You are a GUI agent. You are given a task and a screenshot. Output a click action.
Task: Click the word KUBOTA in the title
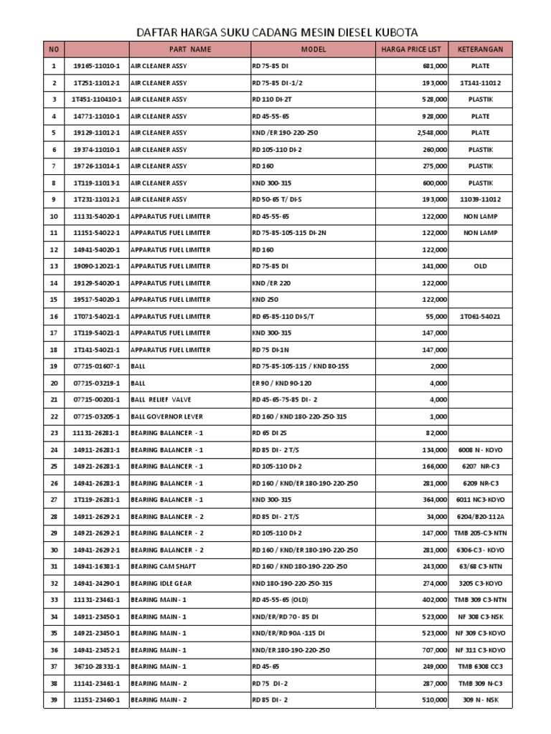[391, 32]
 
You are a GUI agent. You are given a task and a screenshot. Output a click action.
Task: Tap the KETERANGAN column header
[480, 49]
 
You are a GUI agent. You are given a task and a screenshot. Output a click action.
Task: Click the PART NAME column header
[190, 49]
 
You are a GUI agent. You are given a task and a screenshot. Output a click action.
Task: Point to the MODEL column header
[313, 49]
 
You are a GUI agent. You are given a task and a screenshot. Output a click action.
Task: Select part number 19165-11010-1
[98, 66]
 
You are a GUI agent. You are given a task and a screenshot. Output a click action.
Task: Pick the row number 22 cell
[53, 416]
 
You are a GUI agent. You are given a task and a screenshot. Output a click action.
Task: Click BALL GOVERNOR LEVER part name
[166, 416]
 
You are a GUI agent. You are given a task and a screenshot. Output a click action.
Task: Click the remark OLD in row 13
[480, 266]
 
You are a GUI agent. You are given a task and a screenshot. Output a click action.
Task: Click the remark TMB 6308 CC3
[480, 667]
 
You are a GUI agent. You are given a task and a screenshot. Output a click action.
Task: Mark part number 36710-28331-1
[98, 667]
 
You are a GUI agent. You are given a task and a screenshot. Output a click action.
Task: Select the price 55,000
[438, 316]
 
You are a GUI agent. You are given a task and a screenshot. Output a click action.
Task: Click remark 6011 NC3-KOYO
[480, 500]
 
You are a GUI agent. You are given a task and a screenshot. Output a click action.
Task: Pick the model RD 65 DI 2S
[270, 433]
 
